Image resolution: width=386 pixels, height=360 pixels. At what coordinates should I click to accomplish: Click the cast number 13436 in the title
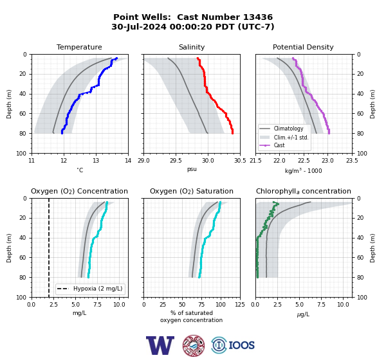[x=258, y=17]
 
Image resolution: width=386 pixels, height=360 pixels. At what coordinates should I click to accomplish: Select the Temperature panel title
[x=79, y=47]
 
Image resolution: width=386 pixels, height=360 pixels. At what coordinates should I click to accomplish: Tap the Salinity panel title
[x=192, y=47]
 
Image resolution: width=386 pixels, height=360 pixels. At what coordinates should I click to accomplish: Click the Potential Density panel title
[x=303, y=47]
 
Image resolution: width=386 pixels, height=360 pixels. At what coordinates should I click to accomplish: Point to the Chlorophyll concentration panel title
[x=303, y=191]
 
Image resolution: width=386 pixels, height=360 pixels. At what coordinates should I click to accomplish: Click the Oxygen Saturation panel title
[x=192, y=191]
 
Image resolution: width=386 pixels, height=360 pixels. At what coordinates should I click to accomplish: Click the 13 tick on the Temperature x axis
[x=96, y=161]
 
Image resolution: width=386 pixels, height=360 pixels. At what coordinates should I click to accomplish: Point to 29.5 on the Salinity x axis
[x=176, y=161]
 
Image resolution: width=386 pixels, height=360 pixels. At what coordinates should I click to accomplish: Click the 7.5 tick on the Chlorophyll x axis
[x=321, y=305]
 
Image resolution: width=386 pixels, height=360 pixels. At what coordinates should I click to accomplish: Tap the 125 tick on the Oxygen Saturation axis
[x=240, y=305]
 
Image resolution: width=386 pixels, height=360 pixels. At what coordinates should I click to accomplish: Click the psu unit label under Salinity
[x=192, y=169]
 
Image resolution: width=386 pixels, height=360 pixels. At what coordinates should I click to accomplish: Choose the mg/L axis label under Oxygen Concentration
[x=79, y=313]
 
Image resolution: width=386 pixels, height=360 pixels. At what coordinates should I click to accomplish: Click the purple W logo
[x=160, y=345]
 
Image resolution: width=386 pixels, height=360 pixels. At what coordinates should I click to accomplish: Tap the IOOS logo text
[x=241, y=345]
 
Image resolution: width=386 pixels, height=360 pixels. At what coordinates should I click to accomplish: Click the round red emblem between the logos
[x=194, y=345]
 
